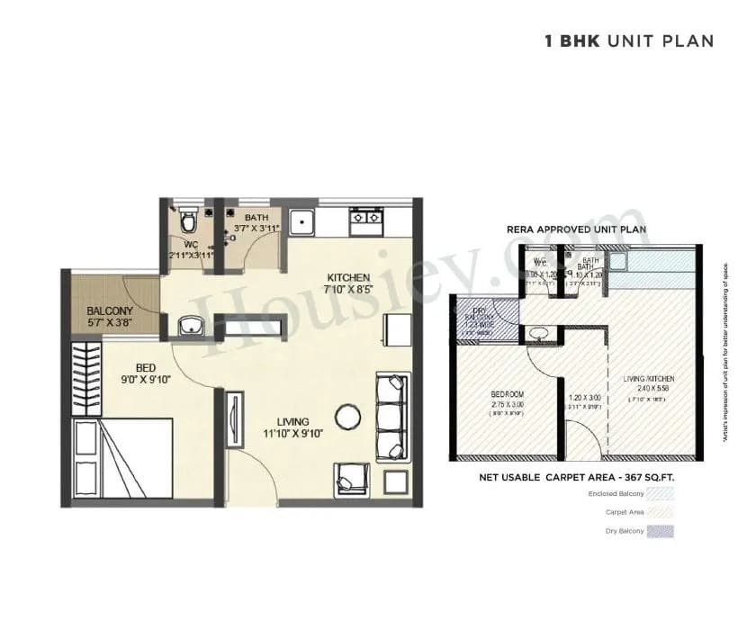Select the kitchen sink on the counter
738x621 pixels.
tap(304, 216)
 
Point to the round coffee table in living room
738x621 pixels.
tap(347, 417)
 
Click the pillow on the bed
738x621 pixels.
tap(86, 450)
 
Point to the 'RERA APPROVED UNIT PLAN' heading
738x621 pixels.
tap(575, 229)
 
